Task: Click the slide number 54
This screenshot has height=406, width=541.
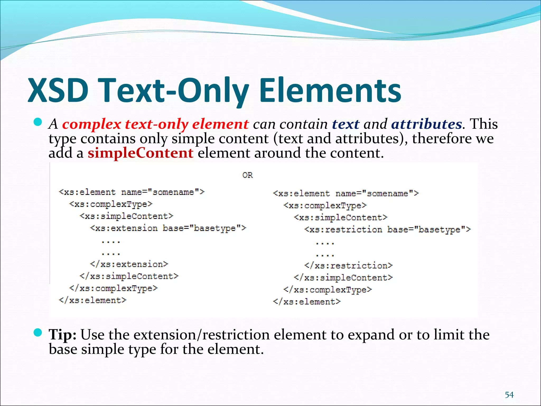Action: pyautogui.click(x=509, y=395)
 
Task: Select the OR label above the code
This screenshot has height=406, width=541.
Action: pyautogui.click(x=248, y=175)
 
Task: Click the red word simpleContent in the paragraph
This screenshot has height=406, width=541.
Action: pyautogui.click(x=141, y=153)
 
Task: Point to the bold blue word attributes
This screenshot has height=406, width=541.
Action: pyautogui.click(x=426, y=124)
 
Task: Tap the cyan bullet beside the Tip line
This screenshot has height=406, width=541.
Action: pyautogui.click(x=38, y=333)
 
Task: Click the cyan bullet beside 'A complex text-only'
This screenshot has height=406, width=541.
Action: pyautogui.click(x=38, y=122)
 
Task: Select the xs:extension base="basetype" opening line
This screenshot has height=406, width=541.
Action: pyautogui.click(x=168, y=228)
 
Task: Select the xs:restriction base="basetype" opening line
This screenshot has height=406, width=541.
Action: pyautogui.click(x=388, y=229)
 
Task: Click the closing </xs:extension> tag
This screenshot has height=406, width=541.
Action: pyautogui.click(x=129, y=264)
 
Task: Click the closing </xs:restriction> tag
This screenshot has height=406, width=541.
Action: pyautogui.click(x=348, y=265)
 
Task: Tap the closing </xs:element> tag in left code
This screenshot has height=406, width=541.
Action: pyautogui.click(x=92, y=300)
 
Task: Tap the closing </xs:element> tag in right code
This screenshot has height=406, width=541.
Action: pyautogui.click(x=307, y=302)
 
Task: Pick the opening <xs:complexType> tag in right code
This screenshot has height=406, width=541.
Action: pyautogui.click(x=325, y=205)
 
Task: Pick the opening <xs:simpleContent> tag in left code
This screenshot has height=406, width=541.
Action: pyautogui.click(x=126, y=216)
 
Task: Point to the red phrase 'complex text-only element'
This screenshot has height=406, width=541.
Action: pyautogui.click(x=155, y=124)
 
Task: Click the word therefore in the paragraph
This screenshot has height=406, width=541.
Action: pyautogui.click(x=442, y=139)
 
